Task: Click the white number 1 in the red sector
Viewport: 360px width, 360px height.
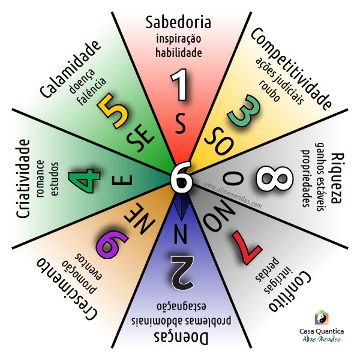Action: tap(180, 86)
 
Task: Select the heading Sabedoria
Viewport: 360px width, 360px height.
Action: tap(179, 23)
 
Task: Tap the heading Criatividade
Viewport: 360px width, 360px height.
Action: tap(23, 179)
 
